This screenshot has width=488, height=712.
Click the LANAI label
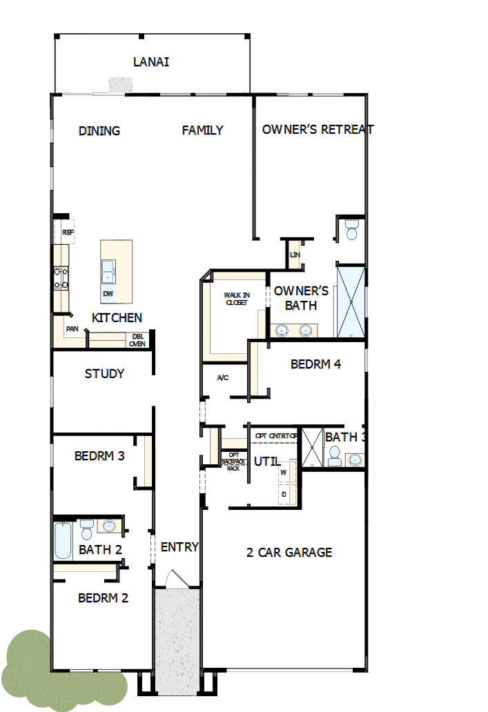pyautogui.click(x=151, y=63)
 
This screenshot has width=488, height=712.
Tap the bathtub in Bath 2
pyautogui.click(x=63, y=541)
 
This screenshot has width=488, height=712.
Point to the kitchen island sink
pyautogui.click(x=108, y=270)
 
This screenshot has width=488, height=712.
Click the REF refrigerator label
pyautogui.click(x=68, y=233)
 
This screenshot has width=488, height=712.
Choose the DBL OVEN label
pyautogui.click(x=137, y=339)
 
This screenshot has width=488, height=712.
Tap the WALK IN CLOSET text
pyautogui.click(x=236, y=299)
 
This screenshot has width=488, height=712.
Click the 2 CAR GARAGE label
pyautogui.click(x=289, y=553)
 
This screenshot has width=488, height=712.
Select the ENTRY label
pyautogui.click(x=179, y=547)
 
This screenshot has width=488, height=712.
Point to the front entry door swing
pyautogui.click(x=175, y=578)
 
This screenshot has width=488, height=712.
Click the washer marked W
pyautogui.click(x=284, y=473)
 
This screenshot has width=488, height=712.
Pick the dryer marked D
pyautogui.click(x=284, y=494)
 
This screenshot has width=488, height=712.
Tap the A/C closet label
pyautogui.click(x=223, y=377)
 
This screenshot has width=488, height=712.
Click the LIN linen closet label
pyautogui.click(x=295, y=255)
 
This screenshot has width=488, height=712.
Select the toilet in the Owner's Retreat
pyautogui.click(x=352, y=230)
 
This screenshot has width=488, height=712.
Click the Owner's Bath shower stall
pyautogui.click(x=351, y=301)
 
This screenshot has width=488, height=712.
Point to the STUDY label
pyautogui.click(x=104, y=374)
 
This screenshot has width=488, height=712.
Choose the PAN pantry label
pyautogui.click(x=72, y=329)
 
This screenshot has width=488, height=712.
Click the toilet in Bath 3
pyautogui.click(x=335, y=455)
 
